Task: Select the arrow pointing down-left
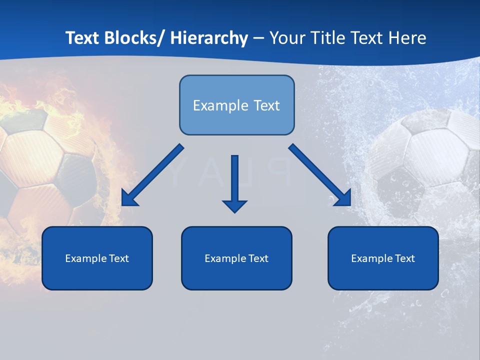(x=155, y=172)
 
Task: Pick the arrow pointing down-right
(x=317, y=172)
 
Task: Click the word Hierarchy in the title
(x=209, y=38)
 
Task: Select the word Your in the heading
(x=286, y=38)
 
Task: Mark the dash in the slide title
(x=258, y=38)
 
